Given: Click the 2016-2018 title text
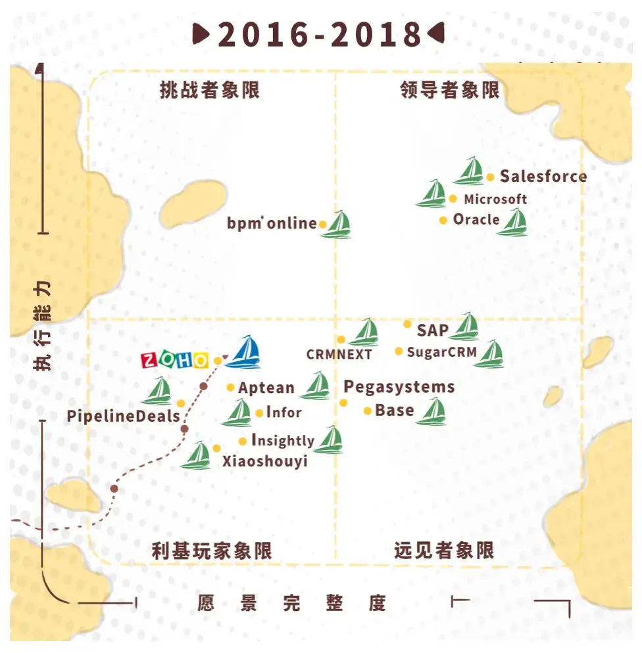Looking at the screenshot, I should pyautogui.click(x=320, y=34).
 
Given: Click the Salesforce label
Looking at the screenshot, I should pyautogui.click(x=543, y=176).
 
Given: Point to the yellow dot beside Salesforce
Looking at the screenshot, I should pyautogui.click(x=490, y=177).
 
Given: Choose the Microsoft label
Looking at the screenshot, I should pyautogui.click(x=495, y=199).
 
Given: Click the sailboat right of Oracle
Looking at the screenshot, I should pyautogui.click(x=513, y=223).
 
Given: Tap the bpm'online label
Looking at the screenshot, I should pyautogui.click(x=272, y=223).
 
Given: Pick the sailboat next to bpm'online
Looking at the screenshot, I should pyautogui.click(x=339, y=225).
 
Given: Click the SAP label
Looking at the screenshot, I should pyautogui.click(x=432, y=330).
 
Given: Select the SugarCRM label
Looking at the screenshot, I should pyautogui.click(x=441, y=351).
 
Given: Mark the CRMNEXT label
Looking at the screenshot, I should pyautogui.click(x=339, y=355).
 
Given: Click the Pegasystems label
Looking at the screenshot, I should pyautogui.click(x=399, y=386).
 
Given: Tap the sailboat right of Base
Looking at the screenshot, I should pyautogui.click(x=432, y=412).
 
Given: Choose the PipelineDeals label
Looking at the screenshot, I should pyautogui.click(x=123, y=417).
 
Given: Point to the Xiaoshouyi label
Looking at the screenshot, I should pyautogui.click(x=265, y=461).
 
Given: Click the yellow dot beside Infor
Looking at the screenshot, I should pyautogui.click(x=259, y=413).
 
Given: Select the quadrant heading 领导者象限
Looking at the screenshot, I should pyautogui.click(x=450, y=90).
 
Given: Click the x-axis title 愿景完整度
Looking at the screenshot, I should pyautogui.click(x=291, y=602).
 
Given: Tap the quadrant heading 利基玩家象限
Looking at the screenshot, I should pyautogui.click(x=211, y=550).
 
